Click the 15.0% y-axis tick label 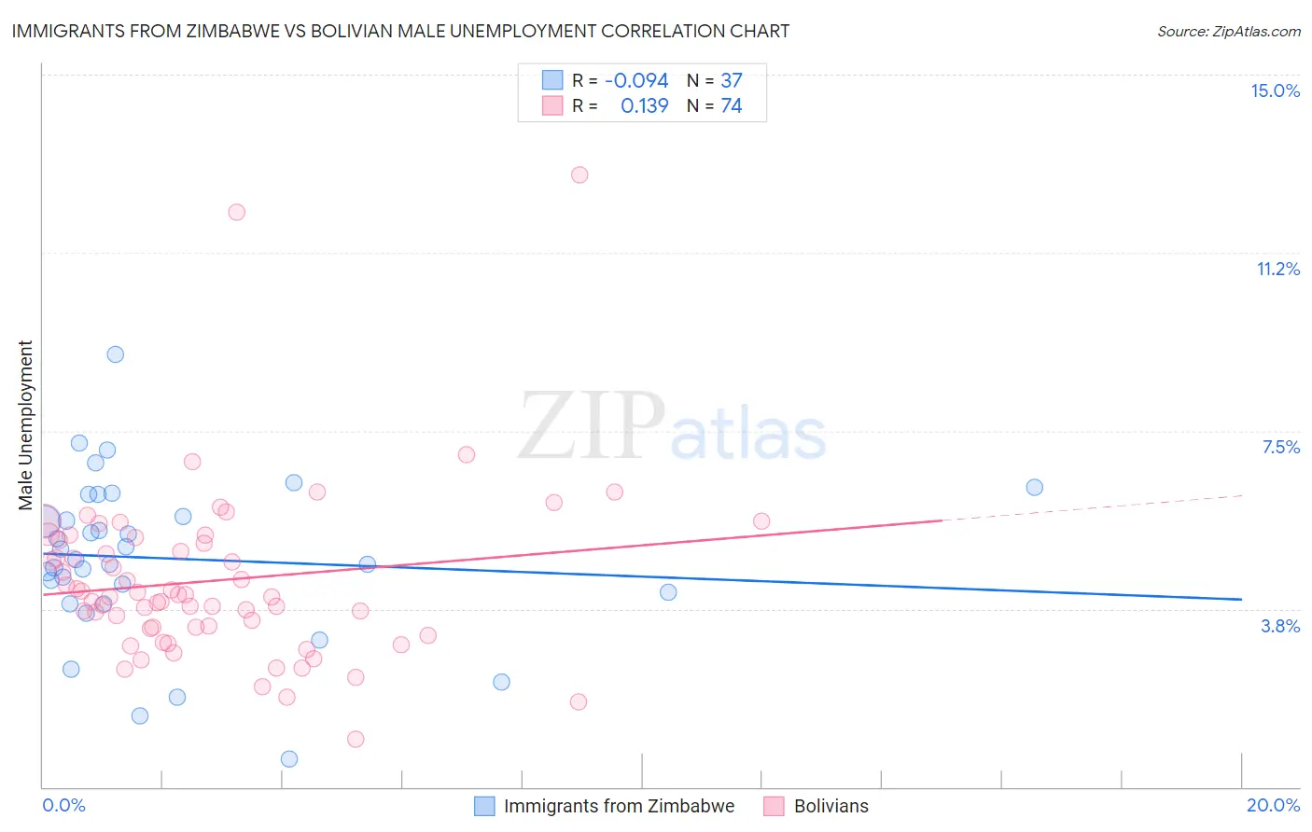[x=1275, y=90]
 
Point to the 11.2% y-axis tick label [x=1277, y=269]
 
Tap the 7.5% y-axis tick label [x=1280, y=447]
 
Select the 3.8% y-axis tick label [x=1280, y=626]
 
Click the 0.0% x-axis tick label [x=63, y=805]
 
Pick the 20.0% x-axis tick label [x=1273, y=805]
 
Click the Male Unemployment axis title [x=25, y=424]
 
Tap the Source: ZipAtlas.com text [x=1228, y=31]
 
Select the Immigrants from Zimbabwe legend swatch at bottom [x=484, y=806]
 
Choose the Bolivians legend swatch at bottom [x=774, y=806]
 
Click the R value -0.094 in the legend [x=636, y=81]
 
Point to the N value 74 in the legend [x=732, y=106]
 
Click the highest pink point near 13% [x=579, y=174]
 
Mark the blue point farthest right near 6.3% [x=1034, y=487]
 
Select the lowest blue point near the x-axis [x=289, y=759]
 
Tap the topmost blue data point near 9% [x=116, y=354]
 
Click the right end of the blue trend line [x=1240, y=599]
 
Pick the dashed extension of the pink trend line [x=1092, y=507]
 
